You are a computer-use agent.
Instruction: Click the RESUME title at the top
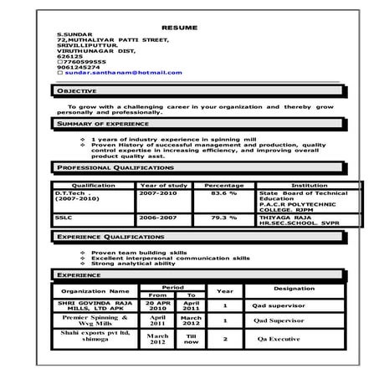pyautogui.click(x=179, y=28)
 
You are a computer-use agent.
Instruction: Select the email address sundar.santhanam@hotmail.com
pyautogui.click(x=135, y=73)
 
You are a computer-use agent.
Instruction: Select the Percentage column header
pyautogui.click(x=223, y=185)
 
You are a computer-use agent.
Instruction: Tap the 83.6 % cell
pyautogui.click(x=223, y=193)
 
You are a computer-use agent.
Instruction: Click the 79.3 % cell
pyautogui.click(x=223, y=218)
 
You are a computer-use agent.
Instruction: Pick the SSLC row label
pyautogui.click(x=64, y=218)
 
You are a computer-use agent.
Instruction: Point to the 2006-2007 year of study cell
pyautogui.click(x=158, y=218)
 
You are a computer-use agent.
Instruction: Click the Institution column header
pyautogui.click(x=309, y=185)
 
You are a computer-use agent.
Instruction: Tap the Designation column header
pyautogui.click(x=294, y=289)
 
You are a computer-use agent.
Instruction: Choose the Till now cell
pyautogui.click(x=192, y=340)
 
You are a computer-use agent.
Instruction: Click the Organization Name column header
pyautogui.click(x=95, y=291)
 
